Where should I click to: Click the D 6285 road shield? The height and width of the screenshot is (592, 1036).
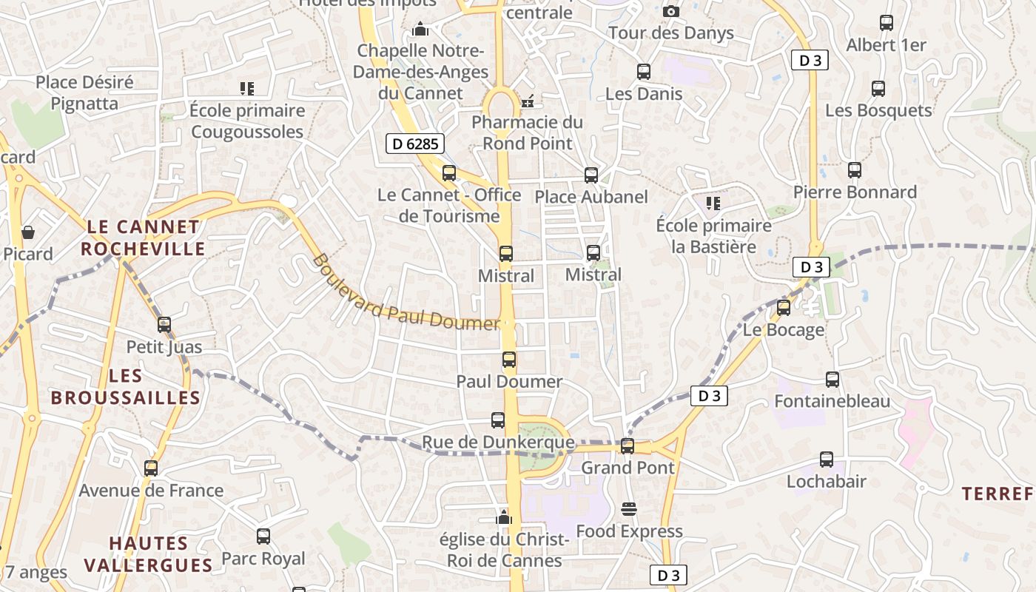pos(414,144)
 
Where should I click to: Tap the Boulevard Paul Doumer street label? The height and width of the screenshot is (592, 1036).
pos(406,292)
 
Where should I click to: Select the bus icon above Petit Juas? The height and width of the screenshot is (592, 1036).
pos(164,325)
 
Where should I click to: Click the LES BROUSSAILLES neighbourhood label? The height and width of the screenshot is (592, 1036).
pos(126,387)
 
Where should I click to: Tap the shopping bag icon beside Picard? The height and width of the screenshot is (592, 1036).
pos(28,232)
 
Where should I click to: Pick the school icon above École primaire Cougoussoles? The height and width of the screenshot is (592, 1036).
pos(247,89)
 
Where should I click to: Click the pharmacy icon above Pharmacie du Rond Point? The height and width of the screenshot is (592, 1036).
pos(528,101)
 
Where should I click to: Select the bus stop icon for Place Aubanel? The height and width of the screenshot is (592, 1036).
pos(591,175)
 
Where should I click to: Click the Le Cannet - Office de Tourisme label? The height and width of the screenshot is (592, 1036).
pos(449,206)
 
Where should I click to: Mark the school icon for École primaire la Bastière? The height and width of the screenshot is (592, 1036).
pos(713,203)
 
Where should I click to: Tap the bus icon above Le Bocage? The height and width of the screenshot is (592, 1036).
pos(784,308)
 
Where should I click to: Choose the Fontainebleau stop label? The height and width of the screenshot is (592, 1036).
pos(832,402)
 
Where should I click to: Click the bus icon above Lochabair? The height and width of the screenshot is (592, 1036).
pos(827,460)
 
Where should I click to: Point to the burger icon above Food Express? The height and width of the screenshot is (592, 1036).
pos(629,509)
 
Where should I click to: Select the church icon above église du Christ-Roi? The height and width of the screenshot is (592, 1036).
pos(505,517)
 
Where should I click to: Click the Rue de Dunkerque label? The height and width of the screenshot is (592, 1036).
pos(498,443)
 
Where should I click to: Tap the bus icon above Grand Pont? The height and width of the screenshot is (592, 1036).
pos(628,445)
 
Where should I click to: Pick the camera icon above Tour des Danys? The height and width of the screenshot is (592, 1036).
pos(671,11)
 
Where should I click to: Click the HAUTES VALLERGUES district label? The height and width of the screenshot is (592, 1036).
pos(149,554)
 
